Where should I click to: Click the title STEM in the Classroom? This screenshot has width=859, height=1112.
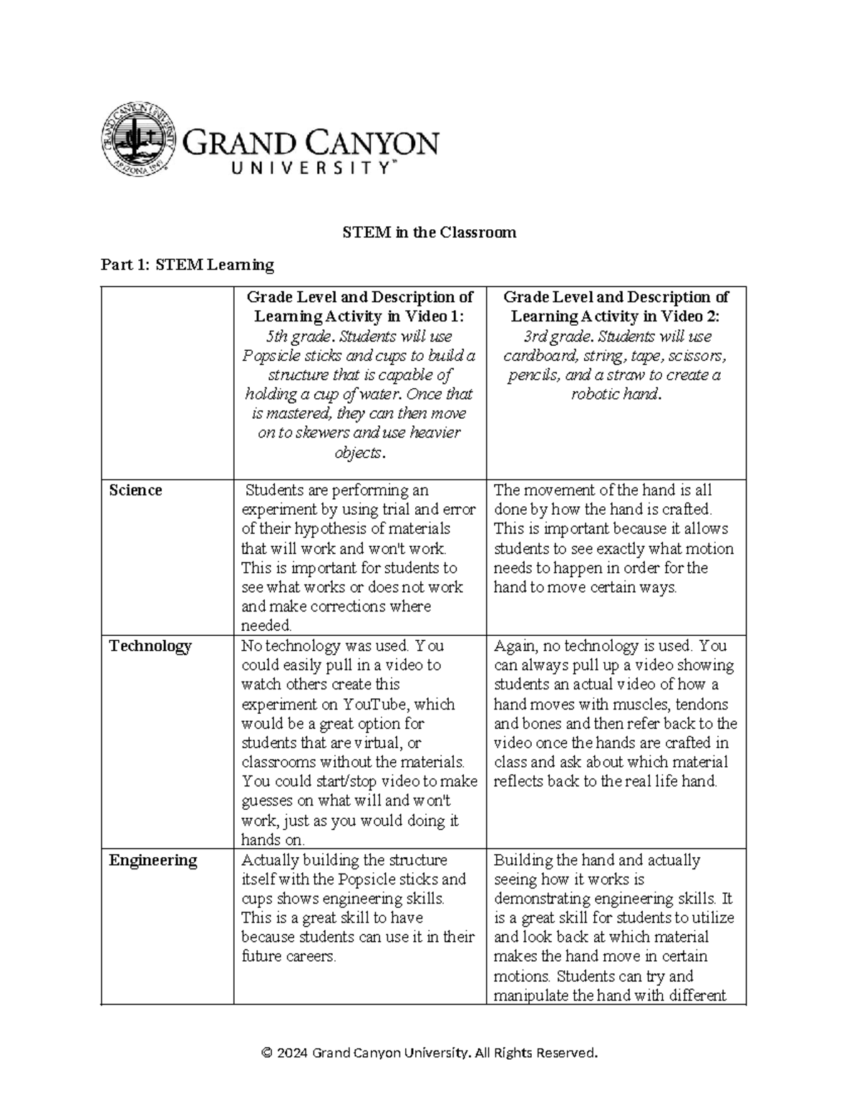click(429, 233)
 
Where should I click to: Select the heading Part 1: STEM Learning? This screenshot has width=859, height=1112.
click(188, 265)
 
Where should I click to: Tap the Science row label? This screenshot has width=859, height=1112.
click(135, 490)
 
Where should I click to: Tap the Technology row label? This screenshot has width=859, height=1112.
click(150, 646)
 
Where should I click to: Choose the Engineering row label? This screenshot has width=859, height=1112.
click(152, 860)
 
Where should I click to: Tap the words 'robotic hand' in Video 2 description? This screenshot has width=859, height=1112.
click(613, 395)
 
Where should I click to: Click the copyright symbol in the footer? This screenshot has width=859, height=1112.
click(267, 1053)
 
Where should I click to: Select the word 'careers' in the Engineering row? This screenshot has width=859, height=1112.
click(310, 957)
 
